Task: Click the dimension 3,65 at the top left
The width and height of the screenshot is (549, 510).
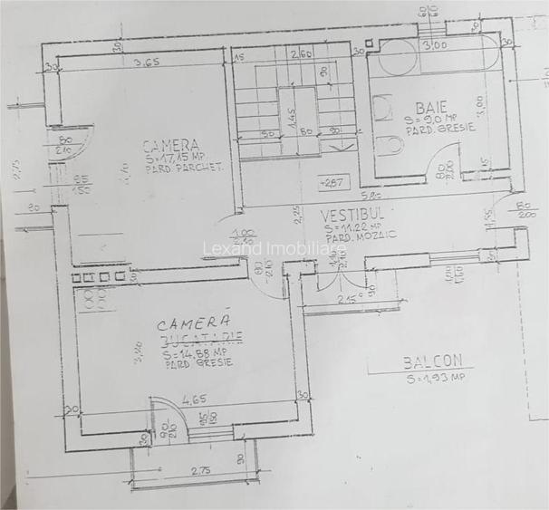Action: pyautogui.click(x=147, y=62)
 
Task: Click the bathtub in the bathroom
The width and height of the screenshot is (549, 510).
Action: pyautogui.click(x=436, y=57)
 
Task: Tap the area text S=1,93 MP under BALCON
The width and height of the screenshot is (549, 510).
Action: pyautogui.click(x=435, y=376)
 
